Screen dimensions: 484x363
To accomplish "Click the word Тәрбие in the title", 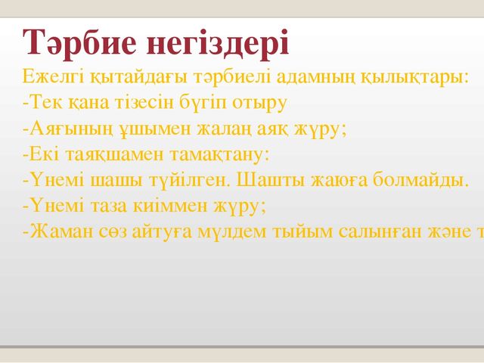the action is coord(79,43).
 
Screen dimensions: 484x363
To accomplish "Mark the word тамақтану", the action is coord(219,155).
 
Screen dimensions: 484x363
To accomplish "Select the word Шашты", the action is coord(271,180).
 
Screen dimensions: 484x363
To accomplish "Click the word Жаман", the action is coord(61,231).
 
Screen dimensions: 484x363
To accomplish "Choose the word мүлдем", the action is coord(231,232).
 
